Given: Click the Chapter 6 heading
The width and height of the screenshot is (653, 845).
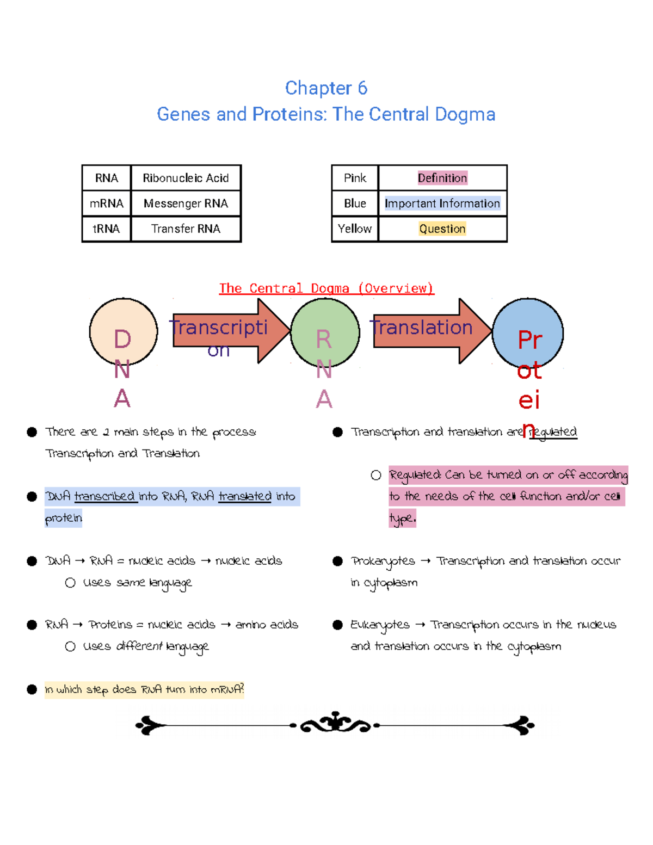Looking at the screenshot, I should (326, 88).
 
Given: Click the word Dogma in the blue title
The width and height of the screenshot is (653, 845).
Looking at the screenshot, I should (465, 114).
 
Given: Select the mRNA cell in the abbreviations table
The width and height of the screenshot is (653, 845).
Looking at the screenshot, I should (107, 203).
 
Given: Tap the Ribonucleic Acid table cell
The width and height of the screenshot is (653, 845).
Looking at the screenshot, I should (186, 178).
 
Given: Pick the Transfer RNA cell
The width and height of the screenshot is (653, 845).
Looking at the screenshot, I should (186, 229).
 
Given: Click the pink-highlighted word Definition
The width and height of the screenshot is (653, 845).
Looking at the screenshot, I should (442, 178).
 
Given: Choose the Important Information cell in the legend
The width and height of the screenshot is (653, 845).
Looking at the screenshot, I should (442, 203).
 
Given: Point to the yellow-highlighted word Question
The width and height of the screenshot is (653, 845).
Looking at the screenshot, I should (442, 229).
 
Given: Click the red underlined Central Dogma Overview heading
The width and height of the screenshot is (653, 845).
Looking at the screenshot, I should (326, 288).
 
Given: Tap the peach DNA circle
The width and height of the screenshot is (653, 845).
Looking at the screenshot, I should (124, 332).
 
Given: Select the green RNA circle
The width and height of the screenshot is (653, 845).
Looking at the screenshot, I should (325, 332).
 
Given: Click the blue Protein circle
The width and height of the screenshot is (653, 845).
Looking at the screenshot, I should (527, 333).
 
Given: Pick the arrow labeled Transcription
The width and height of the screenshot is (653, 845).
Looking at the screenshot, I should (229, 331).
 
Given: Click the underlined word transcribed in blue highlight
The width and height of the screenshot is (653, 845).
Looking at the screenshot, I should (106, 496).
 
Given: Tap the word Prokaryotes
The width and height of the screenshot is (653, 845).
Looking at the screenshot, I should (383, 562).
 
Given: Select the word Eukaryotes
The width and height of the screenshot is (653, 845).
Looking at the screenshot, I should (380, 625).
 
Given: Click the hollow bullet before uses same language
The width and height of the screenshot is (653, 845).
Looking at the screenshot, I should (70, 583).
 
